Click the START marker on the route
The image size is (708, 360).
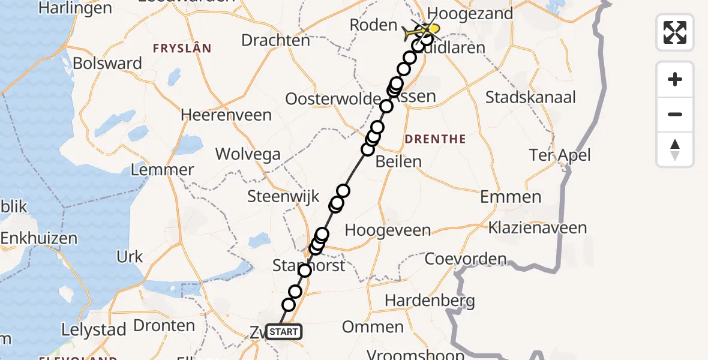click(x=283, y=332)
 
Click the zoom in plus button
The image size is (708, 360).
click(x=675, y=80)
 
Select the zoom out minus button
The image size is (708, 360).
click(x=675, y=114)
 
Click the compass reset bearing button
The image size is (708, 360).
click(x=675, y=149)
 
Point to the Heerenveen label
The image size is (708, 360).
click(x=226, y=115)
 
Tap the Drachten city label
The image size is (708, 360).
click(x=275, y=41)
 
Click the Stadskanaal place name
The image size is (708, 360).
click(x=530, y=97)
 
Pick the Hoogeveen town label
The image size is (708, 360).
click(x=388, y=231)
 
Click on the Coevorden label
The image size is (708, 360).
click(x=466, y=259)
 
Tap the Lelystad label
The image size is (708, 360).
click(x=94, y=330)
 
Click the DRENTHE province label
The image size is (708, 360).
click(x=435, y=139)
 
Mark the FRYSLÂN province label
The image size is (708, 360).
click(x=182, y=49)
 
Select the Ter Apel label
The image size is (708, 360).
click(x=560, y=155)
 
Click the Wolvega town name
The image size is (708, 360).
click(x=248, y=154)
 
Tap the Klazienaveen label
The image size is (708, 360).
click(x=538, y=228)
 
